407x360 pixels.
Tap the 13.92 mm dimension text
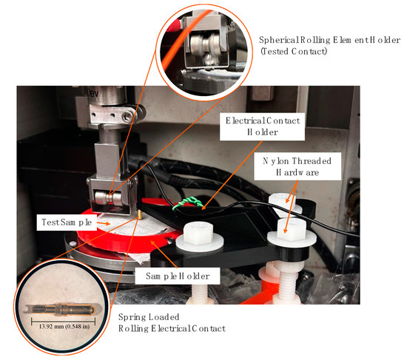click(64, 323)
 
